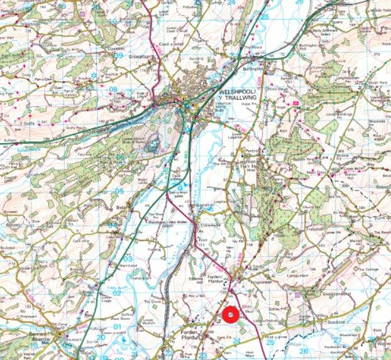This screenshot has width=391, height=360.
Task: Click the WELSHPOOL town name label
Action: pyautogui.click(x=238, y=92)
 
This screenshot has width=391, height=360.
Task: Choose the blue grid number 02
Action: pyautogui.click(x=117, y=293)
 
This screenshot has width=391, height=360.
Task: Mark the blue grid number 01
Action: pyautogui.click(x=117, y=327)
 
